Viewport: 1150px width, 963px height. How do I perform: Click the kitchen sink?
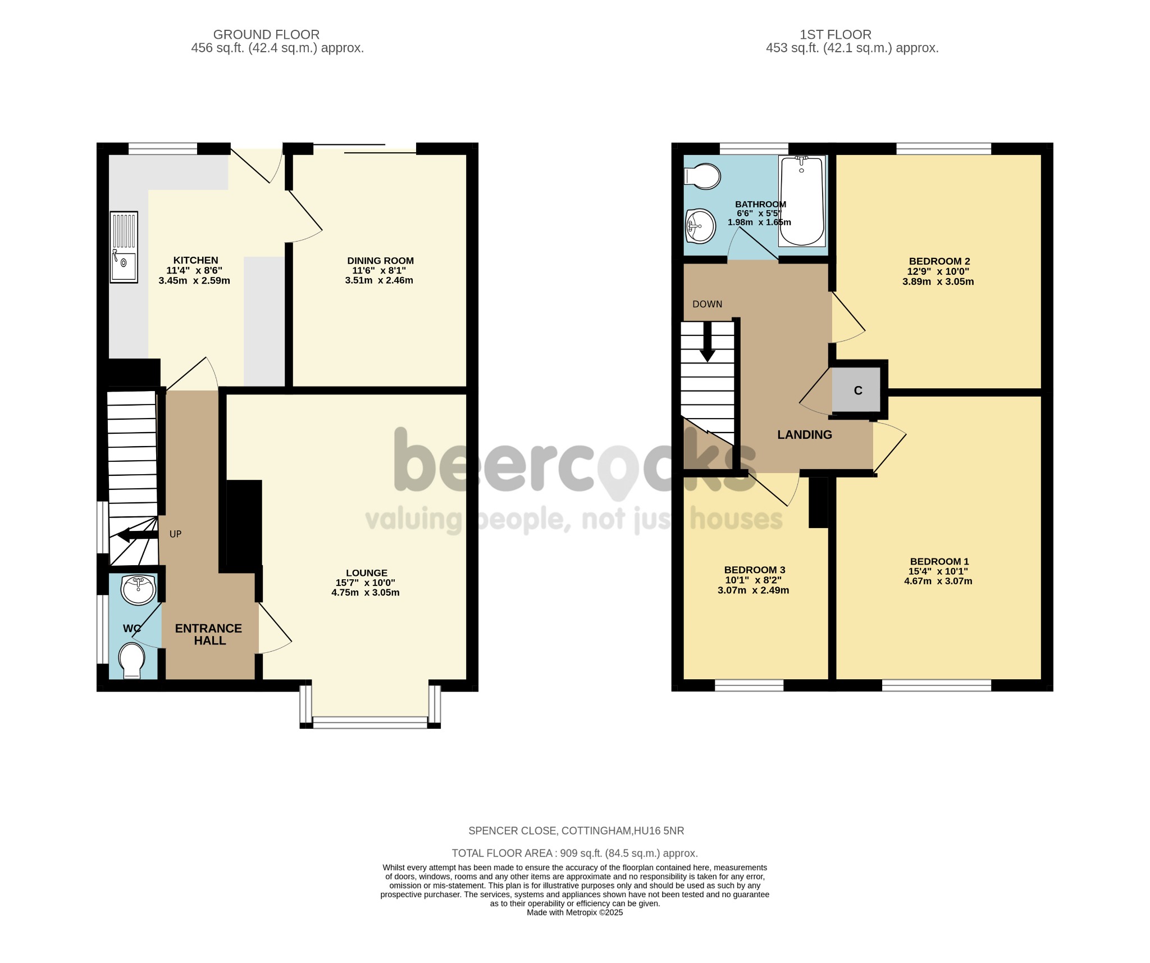point(124,247)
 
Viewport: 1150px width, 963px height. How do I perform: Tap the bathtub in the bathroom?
point(802,201)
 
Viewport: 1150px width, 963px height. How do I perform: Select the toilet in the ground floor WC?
point(132,661)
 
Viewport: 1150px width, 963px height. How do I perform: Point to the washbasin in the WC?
point(138,590)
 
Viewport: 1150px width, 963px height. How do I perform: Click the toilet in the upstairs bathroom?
point(702,176)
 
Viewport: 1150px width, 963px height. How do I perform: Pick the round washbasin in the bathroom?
point(700,226)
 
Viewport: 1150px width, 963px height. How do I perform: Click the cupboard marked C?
point(857,390)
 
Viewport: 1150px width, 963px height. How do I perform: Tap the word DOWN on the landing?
point(707,304)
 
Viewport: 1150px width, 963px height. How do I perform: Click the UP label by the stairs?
point(176,534)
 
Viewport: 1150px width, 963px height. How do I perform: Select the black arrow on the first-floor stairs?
point(708,342)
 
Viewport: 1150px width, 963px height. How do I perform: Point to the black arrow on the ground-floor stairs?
point(137,535)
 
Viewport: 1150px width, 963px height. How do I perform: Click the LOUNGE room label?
point(367,573)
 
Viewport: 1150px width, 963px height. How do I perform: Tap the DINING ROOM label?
point(380,261)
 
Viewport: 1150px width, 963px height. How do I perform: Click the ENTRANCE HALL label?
point(208,634)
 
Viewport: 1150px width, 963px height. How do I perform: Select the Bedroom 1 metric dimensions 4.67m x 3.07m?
point(938,581)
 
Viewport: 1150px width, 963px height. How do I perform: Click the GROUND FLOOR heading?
point(266,35)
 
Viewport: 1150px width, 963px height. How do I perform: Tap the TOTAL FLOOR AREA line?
point(575,853)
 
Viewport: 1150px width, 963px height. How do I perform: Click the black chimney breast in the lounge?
point(244,523)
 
